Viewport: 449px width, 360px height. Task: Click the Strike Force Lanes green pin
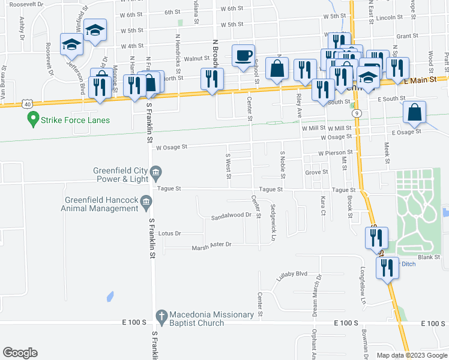click(x=34, y=120)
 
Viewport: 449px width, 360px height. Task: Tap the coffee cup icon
click(x=243, y=56)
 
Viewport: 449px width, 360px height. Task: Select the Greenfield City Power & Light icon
click(x=155, y=173)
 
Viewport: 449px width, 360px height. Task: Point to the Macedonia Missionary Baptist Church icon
click(x=160, y=315)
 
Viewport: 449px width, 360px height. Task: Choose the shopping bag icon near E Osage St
click(x=414, y=112)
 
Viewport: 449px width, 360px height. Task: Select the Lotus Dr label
click(x=170, y=233)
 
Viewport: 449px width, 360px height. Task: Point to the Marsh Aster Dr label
click(x=211, y=247)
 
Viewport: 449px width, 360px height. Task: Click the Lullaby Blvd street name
click(x=292, y=274)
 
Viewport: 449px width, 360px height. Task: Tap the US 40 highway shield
click(x=28, y=104)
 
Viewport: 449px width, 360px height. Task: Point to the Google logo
click(x=20, y=353)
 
